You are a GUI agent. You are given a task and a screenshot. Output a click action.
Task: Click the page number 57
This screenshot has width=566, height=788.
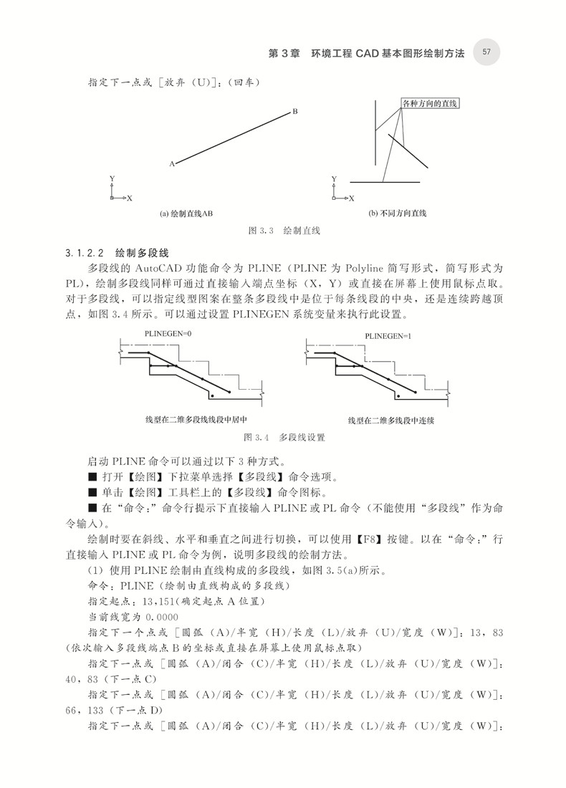(486, 52)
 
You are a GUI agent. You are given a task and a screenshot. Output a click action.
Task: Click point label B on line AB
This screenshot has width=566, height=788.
(294, 112)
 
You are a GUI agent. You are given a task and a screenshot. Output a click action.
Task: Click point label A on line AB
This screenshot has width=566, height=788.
(172, 164)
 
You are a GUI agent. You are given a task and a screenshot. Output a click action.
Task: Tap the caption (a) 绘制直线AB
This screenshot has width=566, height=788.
(186, 213)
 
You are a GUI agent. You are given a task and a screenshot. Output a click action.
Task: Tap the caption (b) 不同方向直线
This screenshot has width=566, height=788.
(397, 213)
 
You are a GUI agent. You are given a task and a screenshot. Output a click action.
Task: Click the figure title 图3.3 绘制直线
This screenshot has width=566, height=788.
(283, 231)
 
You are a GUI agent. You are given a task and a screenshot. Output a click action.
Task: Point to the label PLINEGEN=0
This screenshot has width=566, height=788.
(168, 334)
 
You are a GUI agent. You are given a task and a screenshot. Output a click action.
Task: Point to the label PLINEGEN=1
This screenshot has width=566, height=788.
(388, 335)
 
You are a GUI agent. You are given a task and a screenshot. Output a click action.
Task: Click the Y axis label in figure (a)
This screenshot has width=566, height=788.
(112, 178)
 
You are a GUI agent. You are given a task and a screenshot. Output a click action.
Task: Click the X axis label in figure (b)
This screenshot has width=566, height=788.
(351, 198)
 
